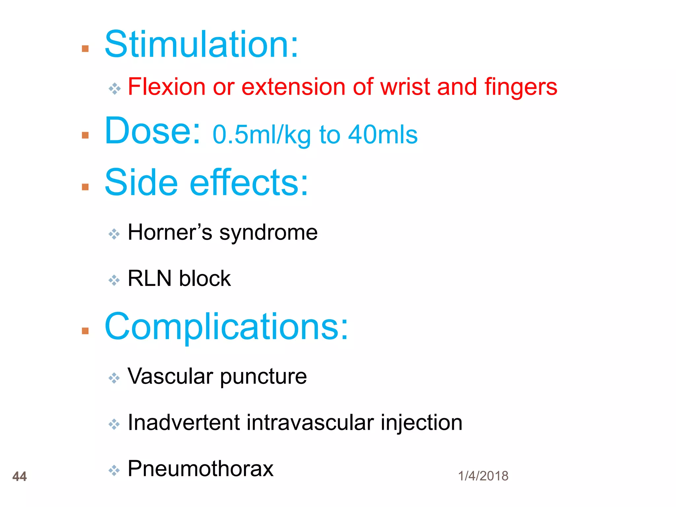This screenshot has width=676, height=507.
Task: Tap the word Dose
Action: coord(152,131)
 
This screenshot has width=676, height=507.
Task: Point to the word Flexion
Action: coord(166,87)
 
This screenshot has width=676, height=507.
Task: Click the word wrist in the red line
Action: coord(405,87)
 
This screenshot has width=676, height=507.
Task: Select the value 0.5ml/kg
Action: coord(261,135)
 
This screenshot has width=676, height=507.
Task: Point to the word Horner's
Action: coord(170,232)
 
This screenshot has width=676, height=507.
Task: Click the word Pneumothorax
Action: coord(200,468)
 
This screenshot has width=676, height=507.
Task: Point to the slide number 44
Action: coord(19,476)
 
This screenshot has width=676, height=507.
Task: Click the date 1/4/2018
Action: coord(483,476)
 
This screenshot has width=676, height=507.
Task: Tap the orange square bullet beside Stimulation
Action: coord(85,49)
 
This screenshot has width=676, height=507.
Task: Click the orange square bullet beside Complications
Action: coord(85,331)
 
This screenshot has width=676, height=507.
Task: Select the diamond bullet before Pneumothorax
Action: coord(114,470)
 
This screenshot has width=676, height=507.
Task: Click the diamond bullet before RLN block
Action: coord(114,280)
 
